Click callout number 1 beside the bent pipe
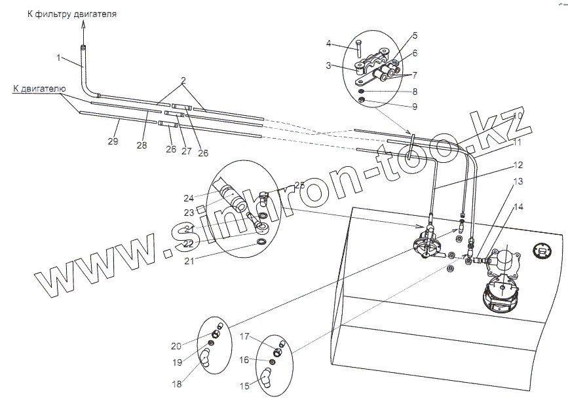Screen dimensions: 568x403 point(58,58)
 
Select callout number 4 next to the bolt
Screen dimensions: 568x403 point(330,44)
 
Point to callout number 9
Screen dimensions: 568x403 point(415,106)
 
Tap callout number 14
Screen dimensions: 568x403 point(518,207)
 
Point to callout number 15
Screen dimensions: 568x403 point(244,387)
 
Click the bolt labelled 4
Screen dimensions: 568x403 point(358,47)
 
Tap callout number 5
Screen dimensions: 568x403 point(415,35)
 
